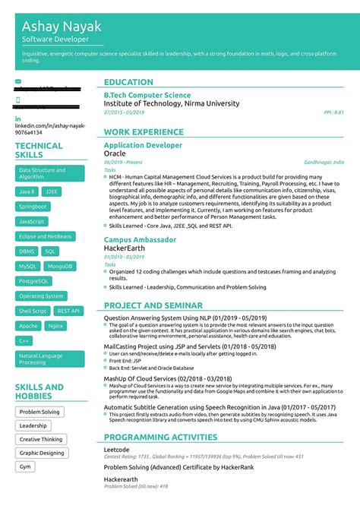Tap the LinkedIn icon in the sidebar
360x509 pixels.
17,119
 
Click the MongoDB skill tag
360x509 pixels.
59,266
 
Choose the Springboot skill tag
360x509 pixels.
33,206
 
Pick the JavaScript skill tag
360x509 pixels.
32,221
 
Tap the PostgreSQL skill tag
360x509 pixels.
33,281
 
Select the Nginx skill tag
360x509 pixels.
55,326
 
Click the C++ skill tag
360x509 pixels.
24,341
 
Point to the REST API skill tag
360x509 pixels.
68,311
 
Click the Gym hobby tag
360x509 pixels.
26,466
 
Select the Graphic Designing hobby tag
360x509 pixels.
42,453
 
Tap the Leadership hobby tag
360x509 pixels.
33,425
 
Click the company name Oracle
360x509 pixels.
115,153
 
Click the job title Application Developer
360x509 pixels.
143,144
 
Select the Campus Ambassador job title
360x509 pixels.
140,239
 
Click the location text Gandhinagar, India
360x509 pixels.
324,162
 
